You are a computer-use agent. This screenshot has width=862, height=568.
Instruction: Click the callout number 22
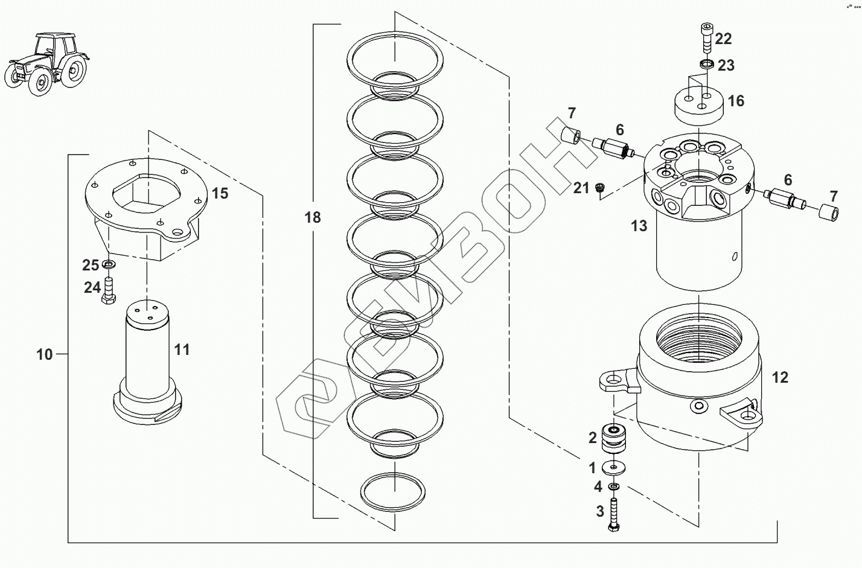point(723,39)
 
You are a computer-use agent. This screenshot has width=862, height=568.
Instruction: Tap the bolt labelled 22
point(706,37)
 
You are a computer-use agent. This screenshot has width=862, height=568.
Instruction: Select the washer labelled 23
point(706,63)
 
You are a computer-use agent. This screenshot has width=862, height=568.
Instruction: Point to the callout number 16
point(736,101)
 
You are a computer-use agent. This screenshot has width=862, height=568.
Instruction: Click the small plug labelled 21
point(599,187)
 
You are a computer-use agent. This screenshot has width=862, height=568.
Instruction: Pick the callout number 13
point(639,226)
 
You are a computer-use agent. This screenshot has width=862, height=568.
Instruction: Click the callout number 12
point(780,377)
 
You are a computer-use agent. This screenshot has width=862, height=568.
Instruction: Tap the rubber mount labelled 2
point(613,438)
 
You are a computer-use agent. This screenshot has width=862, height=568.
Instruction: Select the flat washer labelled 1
point(613,468)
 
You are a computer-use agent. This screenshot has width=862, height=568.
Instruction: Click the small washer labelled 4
point(613,487)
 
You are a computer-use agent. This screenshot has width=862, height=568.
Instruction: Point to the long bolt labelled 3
point(613,514)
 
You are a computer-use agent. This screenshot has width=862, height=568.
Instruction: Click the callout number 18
point(313,217)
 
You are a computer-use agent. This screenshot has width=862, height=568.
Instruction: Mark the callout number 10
point(44,354)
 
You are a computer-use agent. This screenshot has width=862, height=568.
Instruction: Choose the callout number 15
point(220,193)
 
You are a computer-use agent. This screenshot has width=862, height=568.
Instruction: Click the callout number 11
point(182,350)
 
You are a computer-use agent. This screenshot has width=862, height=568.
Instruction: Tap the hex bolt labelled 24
point(108,290)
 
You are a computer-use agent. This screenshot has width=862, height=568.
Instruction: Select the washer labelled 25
point(109,265)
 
